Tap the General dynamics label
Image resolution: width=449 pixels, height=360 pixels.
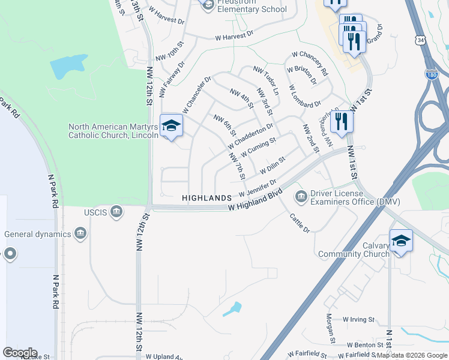click(x=37, y=234)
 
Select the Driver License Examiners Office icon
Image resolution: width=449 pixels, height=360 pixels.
click(x=300, y=196)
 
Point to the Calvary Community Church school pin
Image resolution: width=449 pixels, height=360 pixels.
click(x=400, y=242)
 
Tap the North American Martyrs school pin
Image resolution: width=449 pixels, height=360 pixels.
click(x=171, y=126)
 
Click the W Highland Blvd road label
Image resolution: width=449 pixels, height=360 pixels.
click(x=256, y=200)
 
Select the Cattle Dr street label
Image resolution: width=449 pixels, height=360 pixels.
click(x=299, y=223)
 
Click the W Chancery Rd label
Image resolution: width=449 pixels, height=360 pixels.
click(x=310, y=62)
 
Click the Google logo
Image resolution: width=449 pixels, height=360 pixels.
click(x=19, y=353)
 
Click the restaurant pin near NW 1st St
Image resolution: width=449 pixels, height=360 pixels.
click(x=342, y=121)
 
